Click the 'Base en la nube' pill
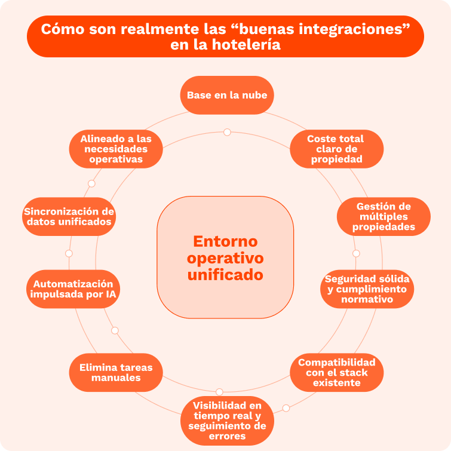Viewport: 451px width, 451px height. click(x=227, y=95)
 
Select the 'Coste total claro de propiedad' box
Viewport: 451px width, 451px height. click(x=336, y=149)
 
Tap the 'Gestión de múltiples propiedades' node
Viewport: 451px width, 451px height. click(x=383, y=216)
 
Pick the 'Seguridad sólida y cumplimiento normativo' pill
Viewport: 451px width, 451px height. click(x=367, y=289)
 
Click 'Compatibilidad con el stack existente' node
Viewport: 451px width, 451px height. click(x=336, y=372)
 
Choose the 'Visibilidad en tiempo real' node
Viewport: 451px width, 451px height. click(x=227, y=421)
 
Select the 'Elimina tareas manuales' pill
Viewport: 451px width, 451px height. click(x=116, y=372)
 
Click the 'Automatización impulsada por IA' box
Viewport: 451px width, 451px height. click(x=73, y=289)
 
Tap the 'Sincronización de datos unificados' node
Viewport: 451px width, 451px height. click(x=69, y=216)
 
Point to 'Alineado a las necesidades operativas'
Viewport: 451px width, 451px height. click(x=116, y=149)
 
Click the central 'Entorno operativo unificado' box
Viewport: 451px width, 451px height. click(x=225, y=257)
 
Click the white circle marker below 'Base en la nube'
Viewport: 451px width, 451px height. click(x=227, y=132)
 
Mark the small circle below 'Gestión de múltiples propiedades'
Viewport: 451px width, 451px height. click(x=356, y=253)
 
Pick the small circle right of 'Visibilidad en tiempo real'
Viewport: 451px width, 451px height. click(x=286, y=408)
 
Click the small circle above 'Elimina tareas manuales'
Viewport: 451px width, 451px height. click(x=115, y=330)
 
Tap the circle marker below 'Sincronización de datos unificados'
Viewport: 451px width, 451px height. click(x=69, y=253)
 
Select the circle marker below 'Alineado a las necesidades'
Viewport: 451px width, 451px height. click(x=91, y=183)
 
